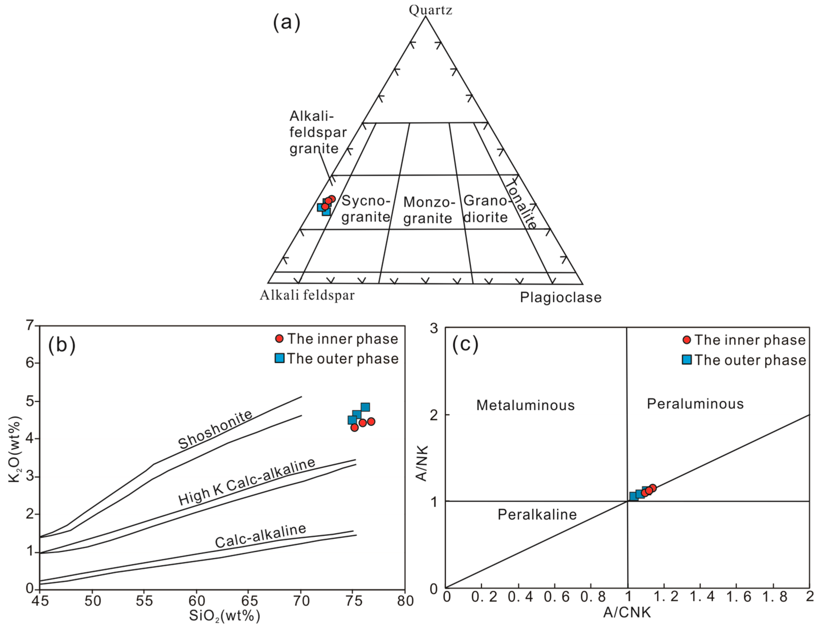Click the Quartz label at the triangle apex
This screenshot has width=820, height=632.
pos(430,10)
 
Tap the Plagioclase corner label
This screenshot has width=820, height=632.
pos(560,297)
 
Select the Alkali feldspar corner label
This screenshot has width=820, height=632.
pos(307,295)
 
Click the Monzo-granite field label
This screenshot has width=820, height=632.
pos(428,210)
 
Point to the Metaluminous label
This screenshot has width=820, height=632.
pos(525,405)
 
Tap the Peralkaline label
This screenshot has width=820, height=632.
pos(537,515)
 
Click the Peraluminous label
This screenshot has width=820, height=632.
pos(695,404)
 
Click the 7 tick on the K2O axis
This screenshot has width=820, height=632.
pos(30,325)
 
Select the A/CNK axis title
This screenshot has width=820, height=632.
pos(627,612)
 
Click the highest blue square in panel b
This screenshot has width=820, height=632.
pos(365,407)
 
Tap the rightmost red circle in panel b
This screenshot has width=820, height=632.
pos(371,421)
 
